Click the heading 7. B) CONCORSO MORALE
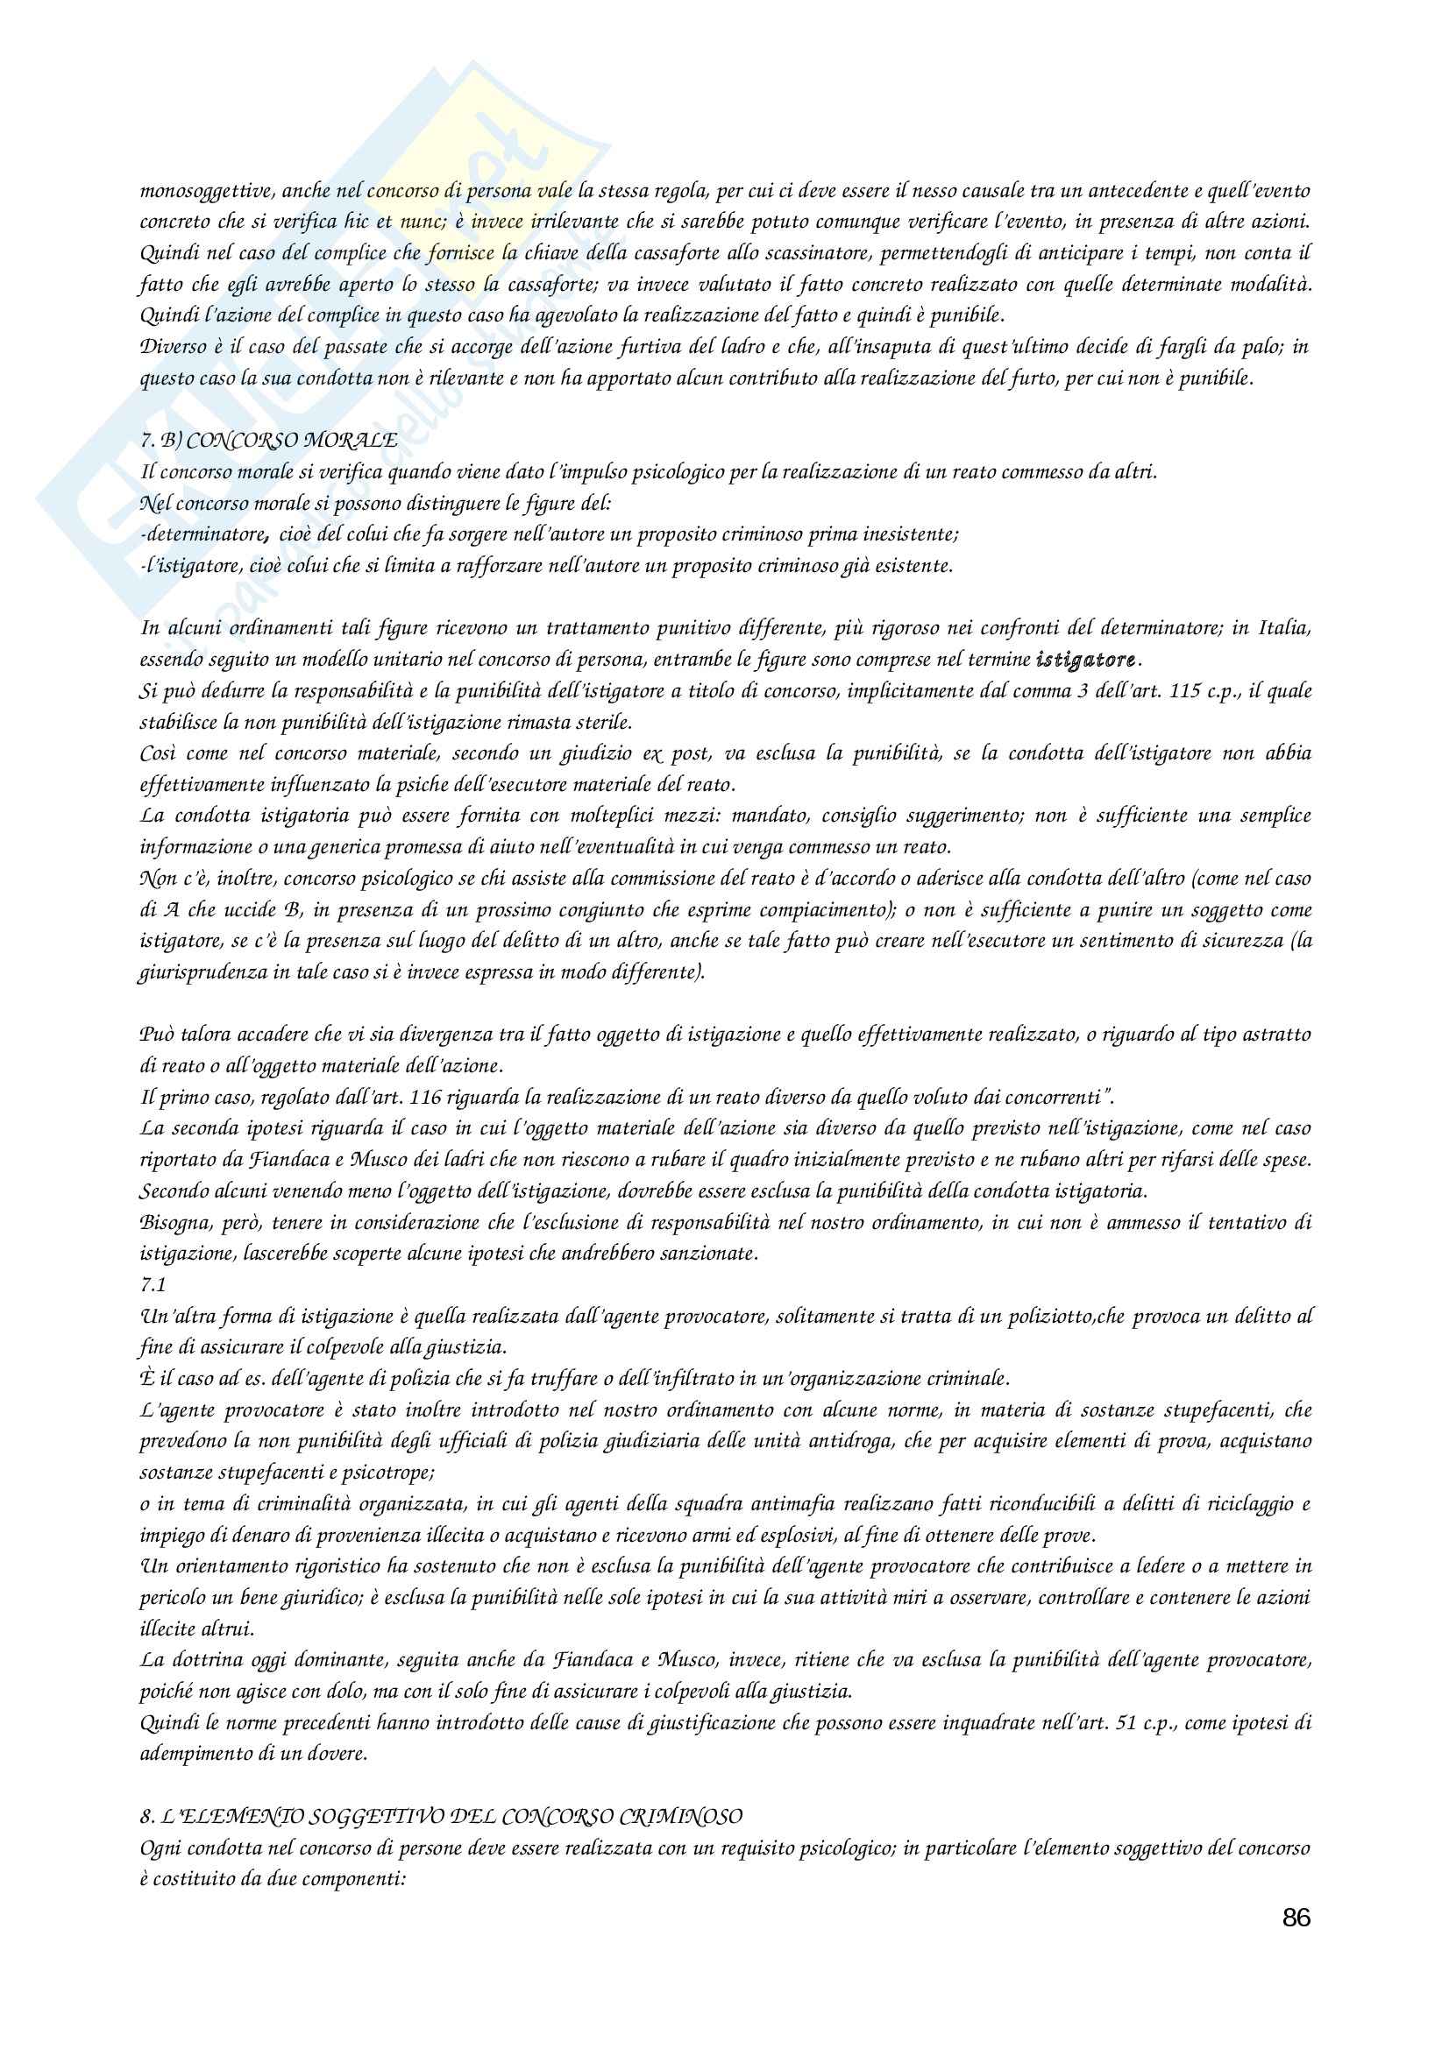point(269,441)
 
